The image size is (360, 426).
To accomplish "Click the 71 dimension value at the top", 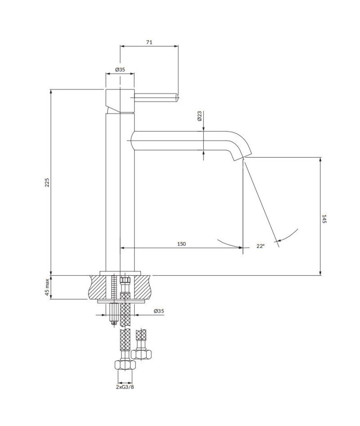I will [x=149, y=42].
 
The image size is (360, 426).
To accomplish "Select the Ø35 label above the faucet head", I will [x=120, y=69].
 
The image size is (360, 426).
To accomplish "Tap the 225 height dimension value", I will [x=47, y=182].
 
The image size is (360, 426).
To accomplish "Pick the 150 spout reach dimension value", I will [x=181, y=244].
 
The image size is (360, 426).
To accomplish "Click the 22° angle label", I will [x=260, y=246].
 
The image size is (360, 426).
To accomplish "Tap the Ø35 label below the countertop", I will [x=158, y=311].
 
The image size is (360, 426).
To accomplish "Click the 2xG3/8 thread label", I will [x=125, y=387].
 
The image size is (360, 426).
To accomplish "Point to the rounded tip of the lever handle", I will [x=177, y=96].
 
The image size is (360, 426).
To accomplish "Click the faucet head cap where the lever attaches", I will [x=120, y=100].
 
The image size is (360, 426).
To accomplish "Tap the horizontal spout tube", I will [x=180, y=141].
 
